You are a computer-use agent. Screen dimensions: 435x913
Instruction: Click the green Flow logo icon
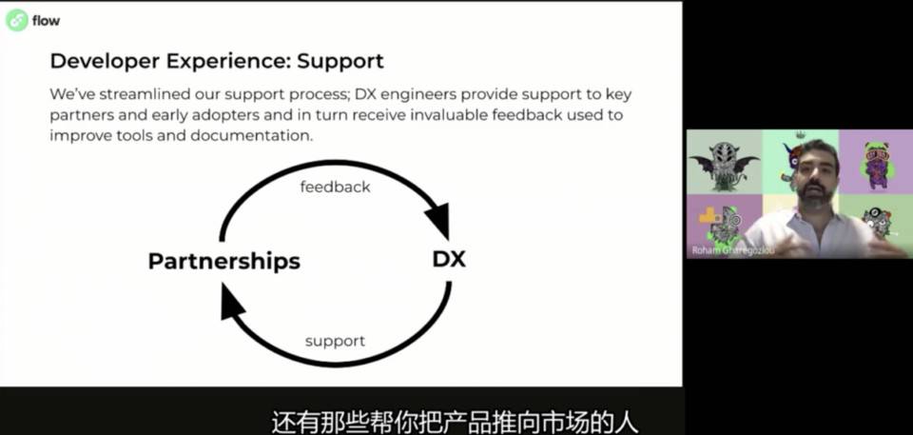pos(17,19)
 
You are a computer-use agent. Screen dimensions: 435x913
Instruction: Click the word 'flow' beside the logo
pos(47,20)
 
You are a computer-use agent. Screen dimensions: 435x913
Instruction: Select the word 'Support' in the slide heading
pos(340,62)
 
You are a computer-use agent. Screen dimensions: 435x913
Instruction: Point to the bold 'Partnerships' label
pos(223,260)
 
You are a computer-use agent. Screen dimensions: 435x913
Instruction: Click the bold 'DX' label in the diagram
pos(449,259)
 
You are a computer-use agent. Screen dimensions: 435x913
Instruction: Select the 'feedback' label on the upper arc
pos(335,187)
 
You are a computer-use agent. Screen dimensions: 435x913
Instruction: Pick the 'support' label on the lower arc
pos(335,341)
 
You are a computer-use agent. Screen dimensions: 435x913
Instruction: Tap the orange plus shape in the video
pos(709,216)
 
